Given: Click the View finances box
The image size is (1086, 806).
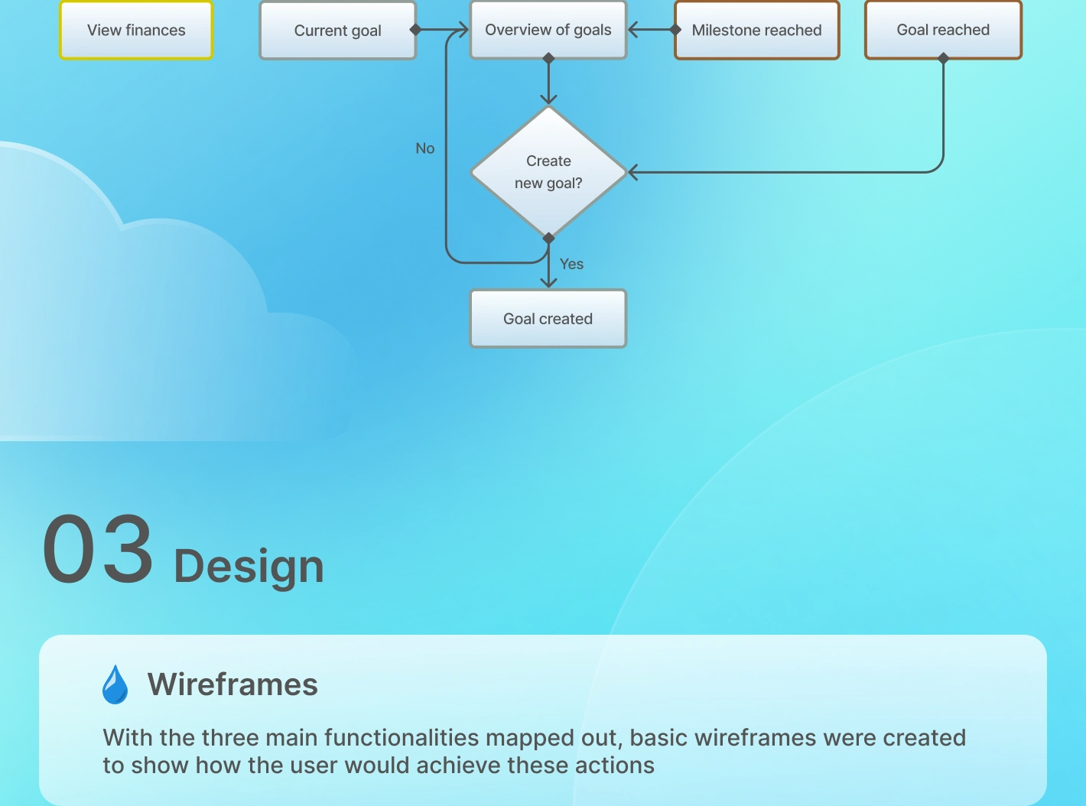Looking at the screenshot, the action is pos(136,30).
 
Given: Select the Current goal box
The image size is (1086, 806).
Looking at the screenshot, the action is pos(337,31).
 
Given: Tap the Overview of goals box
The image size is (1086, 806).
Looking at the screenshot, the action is pos(548,30).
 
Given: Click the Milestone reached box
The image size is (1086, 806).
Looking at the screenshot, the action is pos(756,30).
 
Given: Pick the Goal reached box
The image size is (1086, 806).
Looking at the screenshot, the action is pos(943,30).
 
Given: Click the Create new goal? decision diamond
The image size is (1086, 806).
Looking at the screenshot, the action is pos(548,172).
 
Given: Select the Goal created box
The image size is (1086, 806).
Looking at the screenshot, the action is pos(548,319).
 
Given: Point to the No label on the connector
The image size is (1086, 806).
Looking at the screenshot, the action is pos(425,148).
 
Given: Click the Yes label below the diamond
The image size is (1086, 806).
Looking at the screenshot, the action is pos(571,264).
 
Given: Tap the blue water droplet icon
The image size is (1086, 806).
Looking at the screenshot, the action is pos(115,684).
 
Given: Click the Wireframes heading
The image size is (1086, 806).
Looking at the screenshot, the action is pos(232,684).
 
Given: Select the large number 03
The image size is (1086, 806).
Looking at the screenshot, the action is pos(97,548).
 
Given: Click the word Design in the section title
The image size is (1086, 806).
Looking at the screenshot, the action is pos(249,566).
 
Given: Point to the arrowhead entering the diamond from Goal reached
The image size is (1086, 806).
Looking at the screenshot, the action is pos(632,172).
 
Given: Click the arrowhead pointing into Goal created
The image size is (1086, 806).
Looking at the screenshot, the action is pos(548,283).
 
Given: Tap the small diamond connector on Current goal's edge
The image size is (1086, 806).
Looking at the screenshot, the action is pos(415,30).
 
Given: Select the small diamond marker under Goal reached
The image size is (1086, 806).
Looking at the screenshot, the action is pos(943,58).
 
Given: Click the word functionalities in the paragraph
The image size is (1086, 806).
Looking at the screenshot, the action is pos(402,737).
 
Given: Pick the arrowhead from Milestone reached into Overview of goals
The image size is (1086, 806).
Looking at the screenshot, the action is pos(632,30).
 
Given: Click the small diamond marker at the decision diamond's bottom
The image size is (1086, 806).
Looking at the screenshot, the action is pos(548,239).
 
